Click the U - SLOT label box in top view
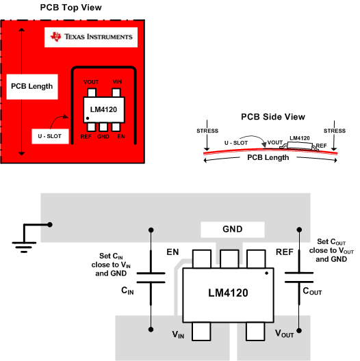coord(46,136)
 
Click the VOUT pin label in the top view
coord(90,82)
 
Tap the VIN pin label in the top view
coord(117,82)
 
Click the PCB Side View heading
coord(273,118)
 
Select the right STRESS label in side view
coord(334,131)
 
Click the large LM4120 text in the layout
coord(228,293)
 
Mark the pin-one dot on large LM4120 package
coord(266,273)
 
